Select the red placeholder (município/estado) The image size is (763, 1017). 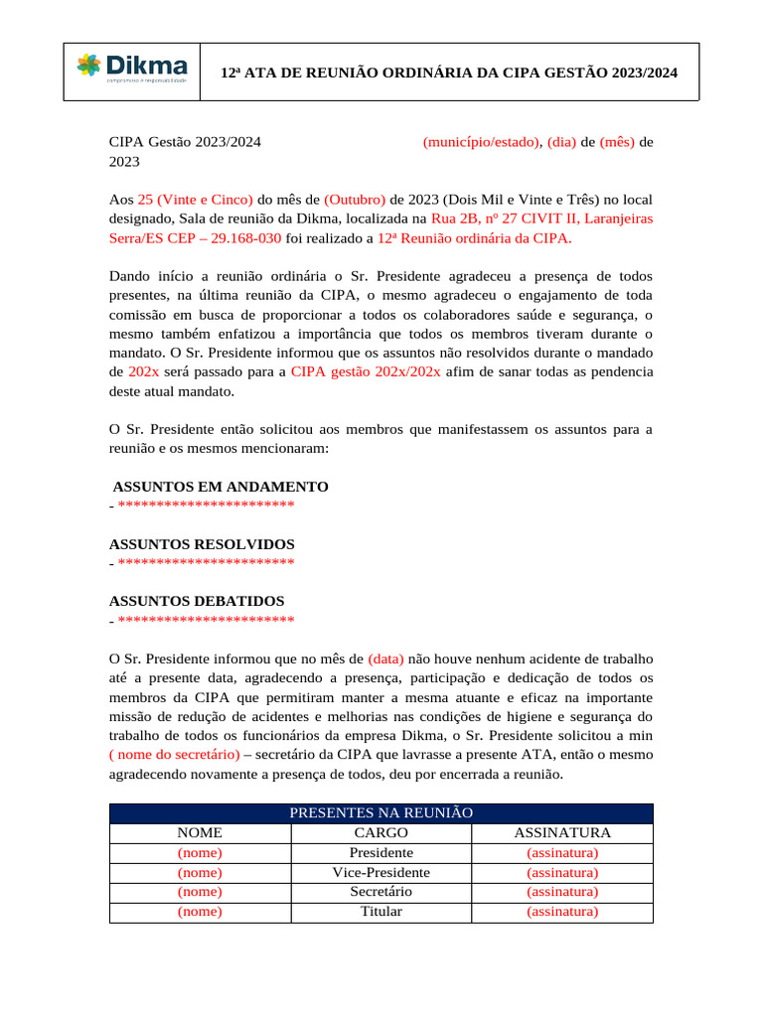[482, 142]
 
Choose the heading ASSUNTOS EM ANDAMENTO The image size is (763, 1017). [221, 487]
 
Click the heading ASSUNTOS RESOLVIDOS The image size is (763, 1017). [202, 544]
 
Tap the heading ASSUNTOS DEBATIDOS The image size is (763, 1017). [197, 601]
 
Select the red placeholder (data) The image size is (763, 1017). [385, 657]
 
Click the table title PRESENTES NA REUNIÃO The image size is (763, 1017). [381, 812]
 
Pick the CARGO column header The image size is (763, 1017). [381, 832]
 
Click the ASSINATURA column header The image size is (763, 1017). [562, 832]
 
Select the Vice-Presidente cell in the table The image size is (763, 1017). [381, 872]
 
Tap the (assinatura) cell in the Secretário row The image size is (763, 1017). [562, 891]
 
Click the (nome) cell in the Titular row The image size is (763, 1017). [200, 911]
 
